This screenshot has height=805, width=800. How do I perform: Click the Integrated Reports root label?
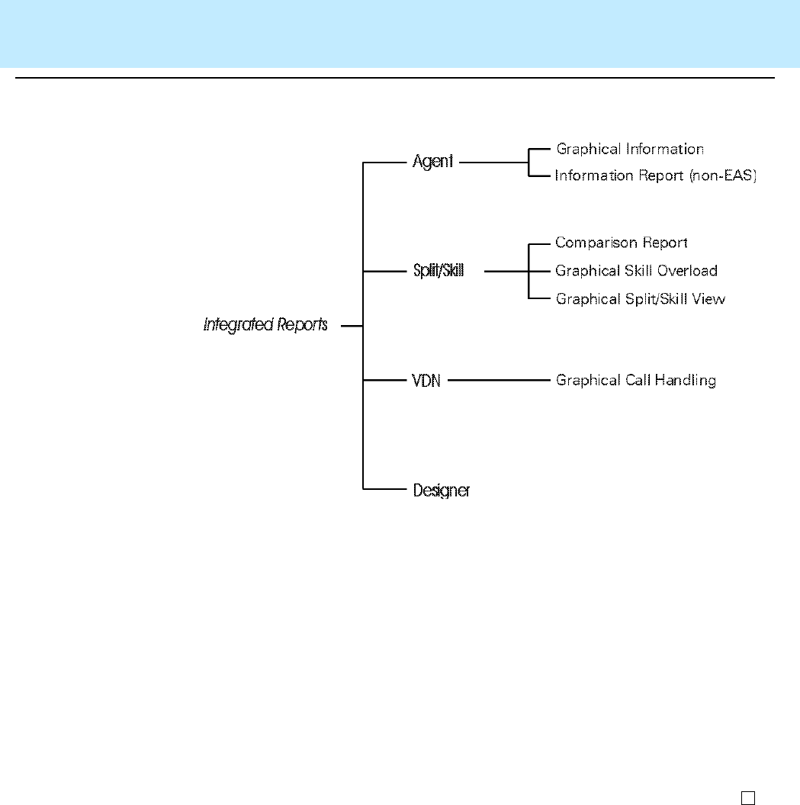tap(265, 326)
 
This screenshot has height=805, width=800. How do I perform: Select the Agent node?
tap(432, 162)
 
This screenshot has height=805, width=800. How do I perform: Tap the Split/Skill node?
tap(438, 271)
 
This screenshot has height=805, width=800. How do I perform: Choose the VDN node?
tap(426, 380)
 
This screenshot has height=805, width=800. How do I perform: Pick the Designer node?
tap(441, 490)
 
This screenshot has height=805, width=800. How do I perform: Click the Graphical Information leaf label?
tap(630, 150)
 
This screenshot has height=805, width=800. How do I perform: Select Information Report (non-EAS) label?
tap(655, 176)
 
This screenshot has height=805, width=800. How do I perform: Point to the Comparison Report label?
tap(622, 243)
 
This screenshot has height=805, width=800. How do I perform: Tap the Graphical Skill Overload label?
tap(636, 271)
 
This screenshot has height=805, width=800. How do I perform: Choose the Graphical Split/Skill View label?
tap(640, 299)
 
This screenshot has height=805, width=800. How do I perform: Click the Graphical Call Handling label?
tap(635, 380)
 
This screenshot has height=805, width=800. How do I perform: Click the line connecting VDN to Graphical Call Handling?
tap(496, 380)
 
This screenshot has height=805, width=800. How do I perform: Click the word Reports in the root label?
tap(302, 326)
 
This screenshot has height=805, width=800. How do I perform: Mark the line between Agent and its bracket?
tap(493, 162)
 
